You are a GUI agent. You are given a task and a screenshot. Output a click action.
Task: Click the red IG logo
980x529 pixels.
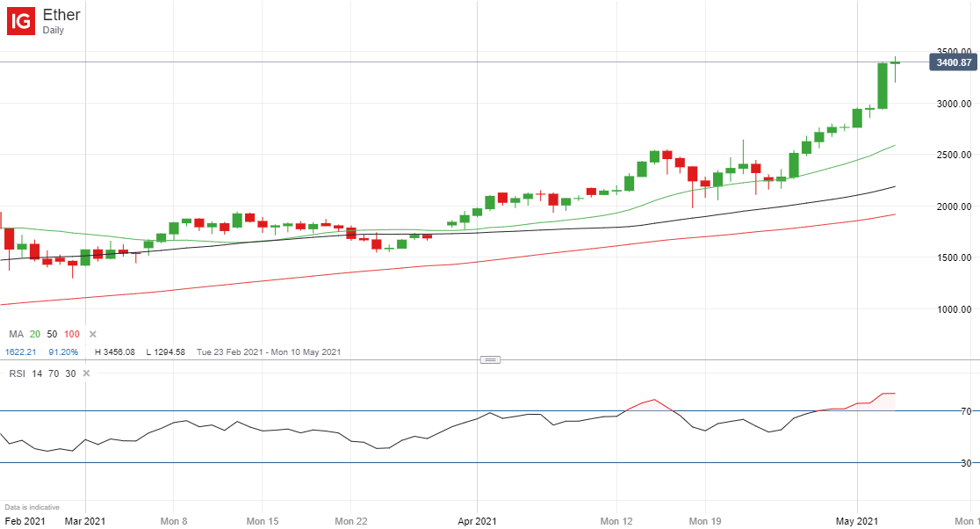21,21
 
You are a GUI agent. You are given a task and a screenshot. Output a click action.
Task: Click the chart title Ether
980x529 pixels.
61,15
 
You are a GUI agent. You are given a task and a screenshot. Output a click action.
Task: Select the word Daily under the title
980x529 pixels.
54,31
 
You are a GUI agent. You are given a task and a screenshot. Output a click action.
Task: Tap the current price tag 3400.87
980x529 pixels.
953,62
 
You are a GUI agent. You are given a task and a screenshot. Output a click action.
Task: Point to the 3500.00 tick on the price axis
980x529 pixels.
954,52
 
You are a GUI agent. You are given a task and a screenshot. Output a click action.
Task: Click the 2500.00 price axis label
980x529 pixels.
954,155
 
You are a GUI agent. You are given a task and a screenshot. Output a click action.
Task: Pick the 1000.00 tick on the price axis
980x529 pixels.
954,309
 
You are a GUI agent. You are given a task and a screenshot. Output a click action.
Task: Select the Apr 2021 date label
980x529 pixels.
477,521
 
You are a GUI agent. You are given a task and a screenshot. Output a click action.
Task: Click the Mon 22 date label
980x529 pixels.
350,521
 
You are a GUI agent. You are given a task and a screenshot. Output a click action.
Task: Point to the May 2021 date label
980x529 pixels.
858,521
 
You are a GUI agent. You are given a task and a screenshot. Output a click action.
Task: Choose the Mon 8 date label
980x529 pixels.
174,521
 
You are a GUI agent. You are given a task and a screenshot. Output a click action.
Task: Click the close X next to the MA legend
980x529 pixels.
92,335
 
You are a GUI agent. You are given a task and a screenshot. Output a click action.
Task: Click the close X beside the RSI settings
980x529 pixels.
86,373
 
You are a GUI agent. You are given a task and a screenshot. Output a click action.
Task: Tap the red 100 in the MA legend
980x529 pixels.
72,335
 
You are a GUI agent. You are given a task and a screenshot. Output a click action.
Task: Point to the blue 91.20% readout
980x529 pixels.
63,352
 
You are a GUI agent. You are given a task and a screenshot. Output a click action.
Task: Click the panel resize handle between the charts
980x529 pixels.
490,359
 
